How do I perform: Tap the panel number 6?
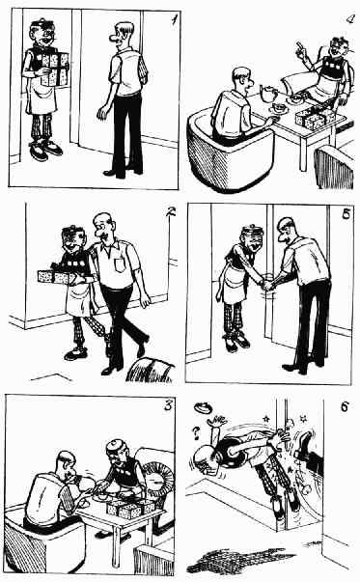click(x=344, y=406)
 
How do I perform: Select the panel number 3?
click(x=169, y=405)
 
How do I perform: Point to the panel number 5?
click(x=346, y=215)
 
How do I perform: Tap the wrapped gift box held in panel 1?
click(x=55, y=69)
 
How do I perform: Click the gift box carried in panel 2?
click(x=55, y=277)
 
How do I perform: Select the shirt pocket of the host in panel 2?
click(x=120, y=264)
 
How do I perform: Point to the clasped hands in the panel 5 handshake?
click(x=268, y=285)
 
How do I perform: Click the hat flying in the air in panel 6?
click(x=203, y=407)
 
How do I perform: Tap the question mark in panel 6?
click(x=196, y=432)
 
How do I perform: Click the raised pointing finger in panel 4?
click(x=299, y=46)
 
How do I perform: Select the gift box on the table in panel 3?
click(x=130, y=508)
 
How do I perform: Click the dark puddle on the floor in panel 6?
click(x=241, y=560)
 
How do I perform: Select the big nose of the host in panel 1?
click(x=114, y=38)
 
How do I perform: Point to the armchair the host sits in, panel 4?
click(x=230, y=152)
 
